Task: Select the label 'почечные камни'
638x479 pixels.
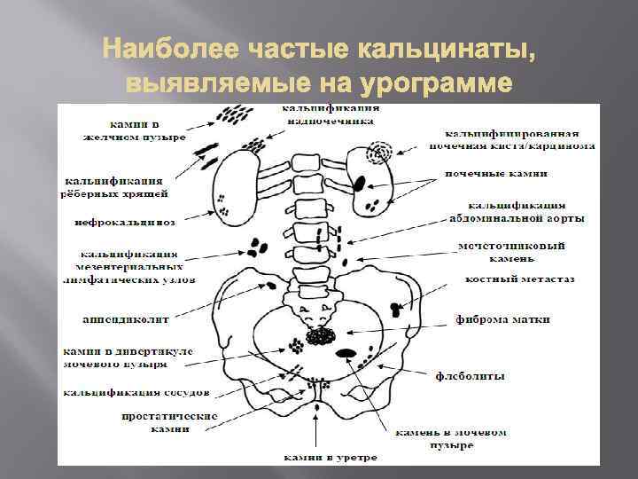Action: click(495, 174)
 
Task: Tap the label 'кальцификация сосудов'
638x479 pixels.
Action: click(136, 391)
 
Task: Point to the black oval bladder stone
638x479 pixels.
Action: click(349, 354)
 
